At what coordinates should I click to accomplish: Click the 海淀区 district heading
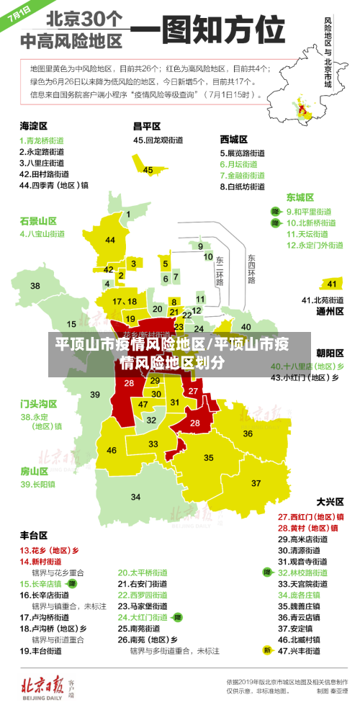pyautogui.click(x=33, y=125)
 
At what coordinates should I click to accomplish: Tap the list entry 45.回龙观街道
pyautogui.click(x=159, y=140)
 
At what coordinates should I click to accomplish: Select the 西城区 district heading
pyautogui.click(x=233, y=139)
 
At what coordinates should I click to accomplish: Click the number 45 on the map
pyautogui.click(x=148, y=170)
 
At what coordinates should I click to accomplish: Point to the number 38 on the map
pyautogui.click(x=35, y=286)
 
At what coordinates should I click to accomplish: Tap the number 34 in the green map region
pyautogui.click(x=135, y=497)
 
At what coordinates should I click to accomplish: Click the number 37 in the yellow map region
pyautogui.click(x=256, y=482)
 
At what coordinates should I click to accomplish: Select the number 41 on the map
pyautogui.click(x=332, y=284)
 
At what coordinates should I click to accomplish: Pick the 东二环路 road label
pyautogui.click(x=220, y=269)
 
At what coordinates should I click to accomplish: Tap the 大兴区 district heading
pyautogui.click(x=330, y=501)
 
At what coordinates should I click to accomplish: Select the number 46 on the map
pyautogui.click(x=112, y=450)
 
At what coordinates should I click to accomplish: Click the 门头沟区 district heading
pyautogui.click(x=38, y=403)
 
